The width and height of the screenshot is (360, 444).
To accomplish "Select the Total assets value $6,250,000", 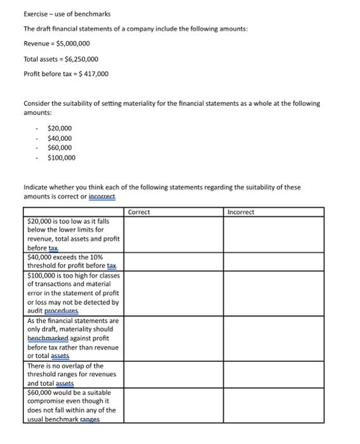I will pos(76,59).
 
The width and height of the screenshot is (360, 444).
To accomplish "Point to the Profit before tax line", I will pos(66,74).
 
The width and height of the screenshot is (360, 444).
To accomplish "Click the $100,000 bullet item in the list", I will pos(61,157).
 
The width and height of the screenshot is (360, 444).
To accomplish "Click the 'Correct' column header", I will pos(139,212).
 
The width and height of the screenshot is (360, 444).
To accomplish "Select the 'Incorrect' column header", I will pos(241,212).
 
